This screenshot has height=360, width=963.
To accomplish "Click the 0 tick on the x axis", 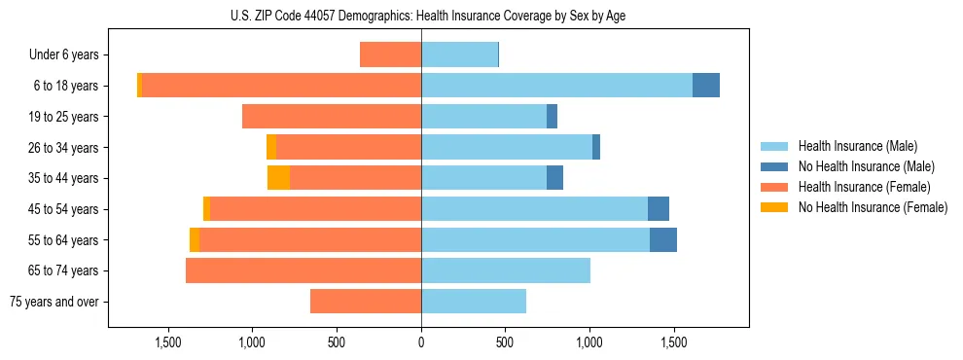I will click(421, 343).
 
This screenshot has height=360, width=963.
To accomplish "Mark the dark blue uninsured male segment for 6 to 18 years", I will click(706, 86).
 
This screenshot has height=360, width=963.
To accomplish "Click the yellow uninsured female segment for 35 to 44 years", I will click(278, 178).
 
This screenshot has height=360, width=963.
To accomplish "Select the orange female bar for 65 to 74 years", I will click(303, 270).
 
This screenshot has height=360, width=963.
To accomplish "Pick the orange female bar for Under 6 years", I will click(390, 54).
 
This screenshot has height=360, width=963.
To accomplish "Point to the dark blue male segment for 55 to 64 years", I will click(663, 239).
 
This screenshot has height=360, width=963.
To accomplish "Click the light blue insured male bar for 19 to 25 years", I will click(483, 117).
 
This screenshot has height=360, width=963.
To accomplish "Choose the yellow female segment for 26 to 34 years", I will click(271, 147).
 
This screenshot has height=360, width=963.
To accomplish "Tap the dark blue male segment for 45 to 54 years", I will click(659, 209).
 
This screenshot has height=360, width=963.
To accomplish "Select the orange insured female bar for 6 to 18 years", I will click(282, 86).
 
